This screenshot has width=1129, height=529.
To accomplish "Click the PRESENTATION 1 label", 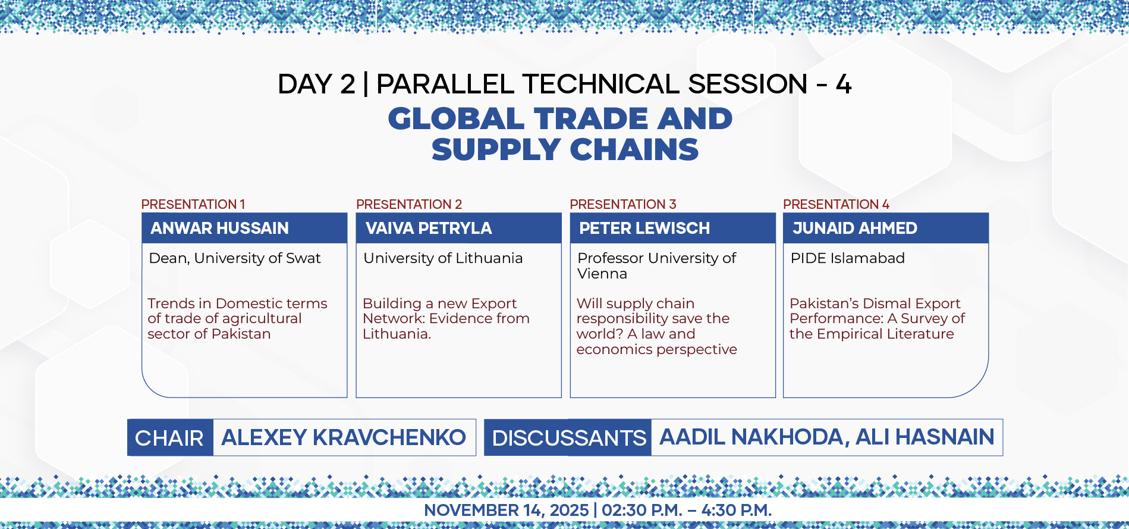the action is (x=193, y=204).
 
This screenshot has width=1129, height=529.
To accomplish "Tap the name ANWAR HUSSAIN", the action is (x=219, y=228).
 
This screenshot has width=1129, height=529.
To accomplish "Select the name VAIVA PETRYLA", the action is (x=429, y=228).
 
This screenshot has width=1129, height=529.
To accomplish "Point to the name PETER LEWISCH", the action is (x=644, y=228).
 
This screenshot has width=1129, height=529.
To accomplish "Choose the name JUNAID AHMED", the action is (x=855, y=228).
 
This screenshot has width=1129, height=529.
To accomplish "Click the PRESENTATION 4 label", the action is (x=836, y=204).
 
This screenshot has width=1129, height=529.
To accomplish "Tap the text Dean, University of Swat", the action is (x=235, y=258).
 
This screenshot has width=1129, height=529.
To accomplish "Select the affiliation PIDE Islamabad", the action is (x=848, y=258).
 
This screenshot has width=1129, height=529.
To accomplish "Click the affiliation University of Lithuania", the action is (x=443, y=258).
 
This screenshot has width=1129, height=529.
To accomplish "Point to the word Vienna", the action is (x=602, y=274).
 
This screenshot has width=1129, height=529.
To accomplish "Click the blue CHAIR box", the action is (x=170, y=437).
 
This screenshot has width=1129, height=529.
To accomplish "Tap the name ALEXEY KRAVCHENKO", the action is (x=344, y=437).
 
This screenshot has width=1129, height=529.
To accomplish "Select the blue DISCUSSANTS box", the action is (x=568, y=437).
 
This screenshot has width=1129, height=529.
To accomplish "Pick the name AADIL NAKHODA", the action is (x=751, y=437).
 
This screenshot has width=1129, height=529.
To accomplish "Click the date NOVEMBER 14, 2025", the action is (x=506, y=511).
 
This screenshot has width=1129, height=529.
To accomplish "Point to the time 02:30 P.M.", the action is (x=642, y=511).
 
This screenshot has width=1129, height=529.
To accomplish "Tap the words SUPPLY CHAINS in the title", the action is (x=565, y=149).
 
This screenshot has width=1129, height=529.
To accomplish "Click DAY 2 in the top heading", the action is (x=316, y=84).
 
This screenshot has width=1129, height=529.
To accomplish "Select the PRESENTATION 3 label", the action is (x=623, y=204).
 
